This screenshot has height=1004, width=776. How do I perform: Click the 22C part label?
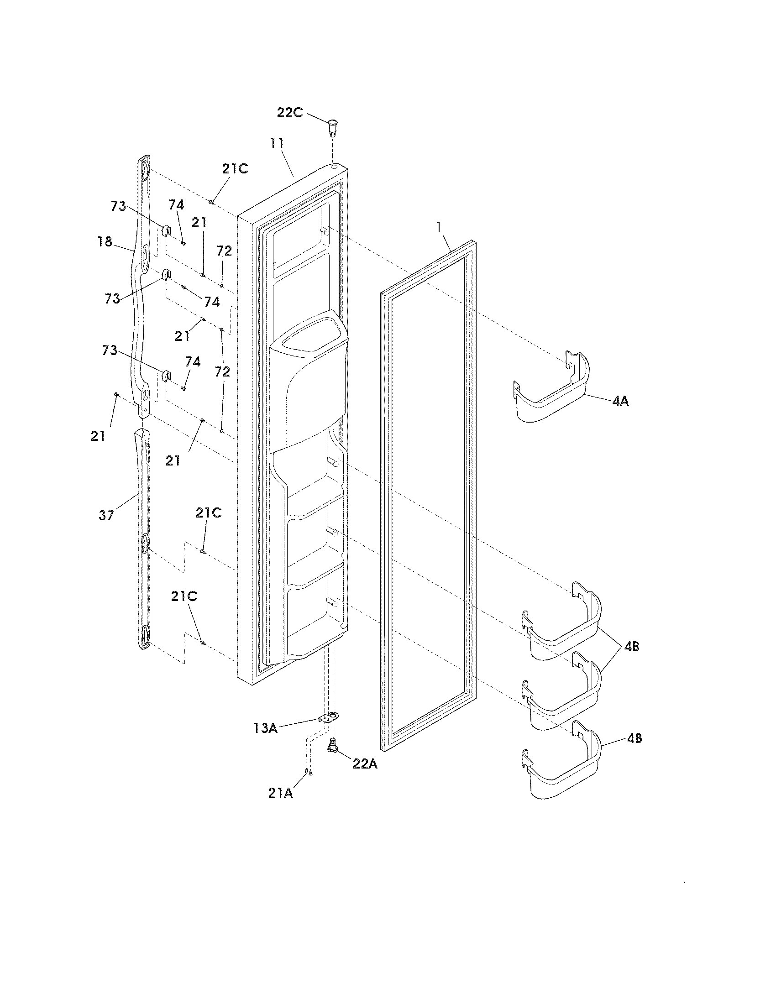coord(289,112)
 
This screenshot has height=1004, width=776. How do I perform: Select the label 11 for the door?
coord(277,143)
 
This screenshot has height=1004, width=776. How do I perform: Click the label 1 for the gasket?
coord(440,227)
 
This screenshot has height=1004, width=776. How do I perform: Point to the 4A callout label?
coord(620,401)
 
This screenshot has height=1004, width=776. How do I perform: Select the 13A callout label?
coord(265,728)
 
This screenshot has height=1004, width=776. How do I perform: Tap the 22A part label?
coord(365,763)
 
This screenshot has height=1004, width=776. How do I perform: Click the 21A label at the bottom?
coord(280,793)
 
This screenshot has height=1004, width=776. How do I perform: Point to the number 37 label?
coord(106,515)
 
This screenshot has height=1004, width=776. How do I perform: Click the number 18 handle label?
coord(105,241)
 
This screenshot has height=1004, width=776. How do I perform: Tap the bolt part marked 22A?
coord(332,746)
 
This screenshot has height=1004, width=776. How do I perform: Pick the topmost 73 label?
coord(118,206)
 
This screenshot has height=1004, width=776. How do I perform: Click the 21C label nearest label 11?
coord(235,169)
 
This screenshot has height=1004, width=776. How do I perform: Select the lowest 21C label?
coord(184,596)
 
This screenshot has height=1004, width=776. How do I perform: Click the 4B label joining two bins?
coord(632,646)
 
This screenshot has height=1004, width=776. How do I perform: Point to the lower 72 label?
coord(222,371)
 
